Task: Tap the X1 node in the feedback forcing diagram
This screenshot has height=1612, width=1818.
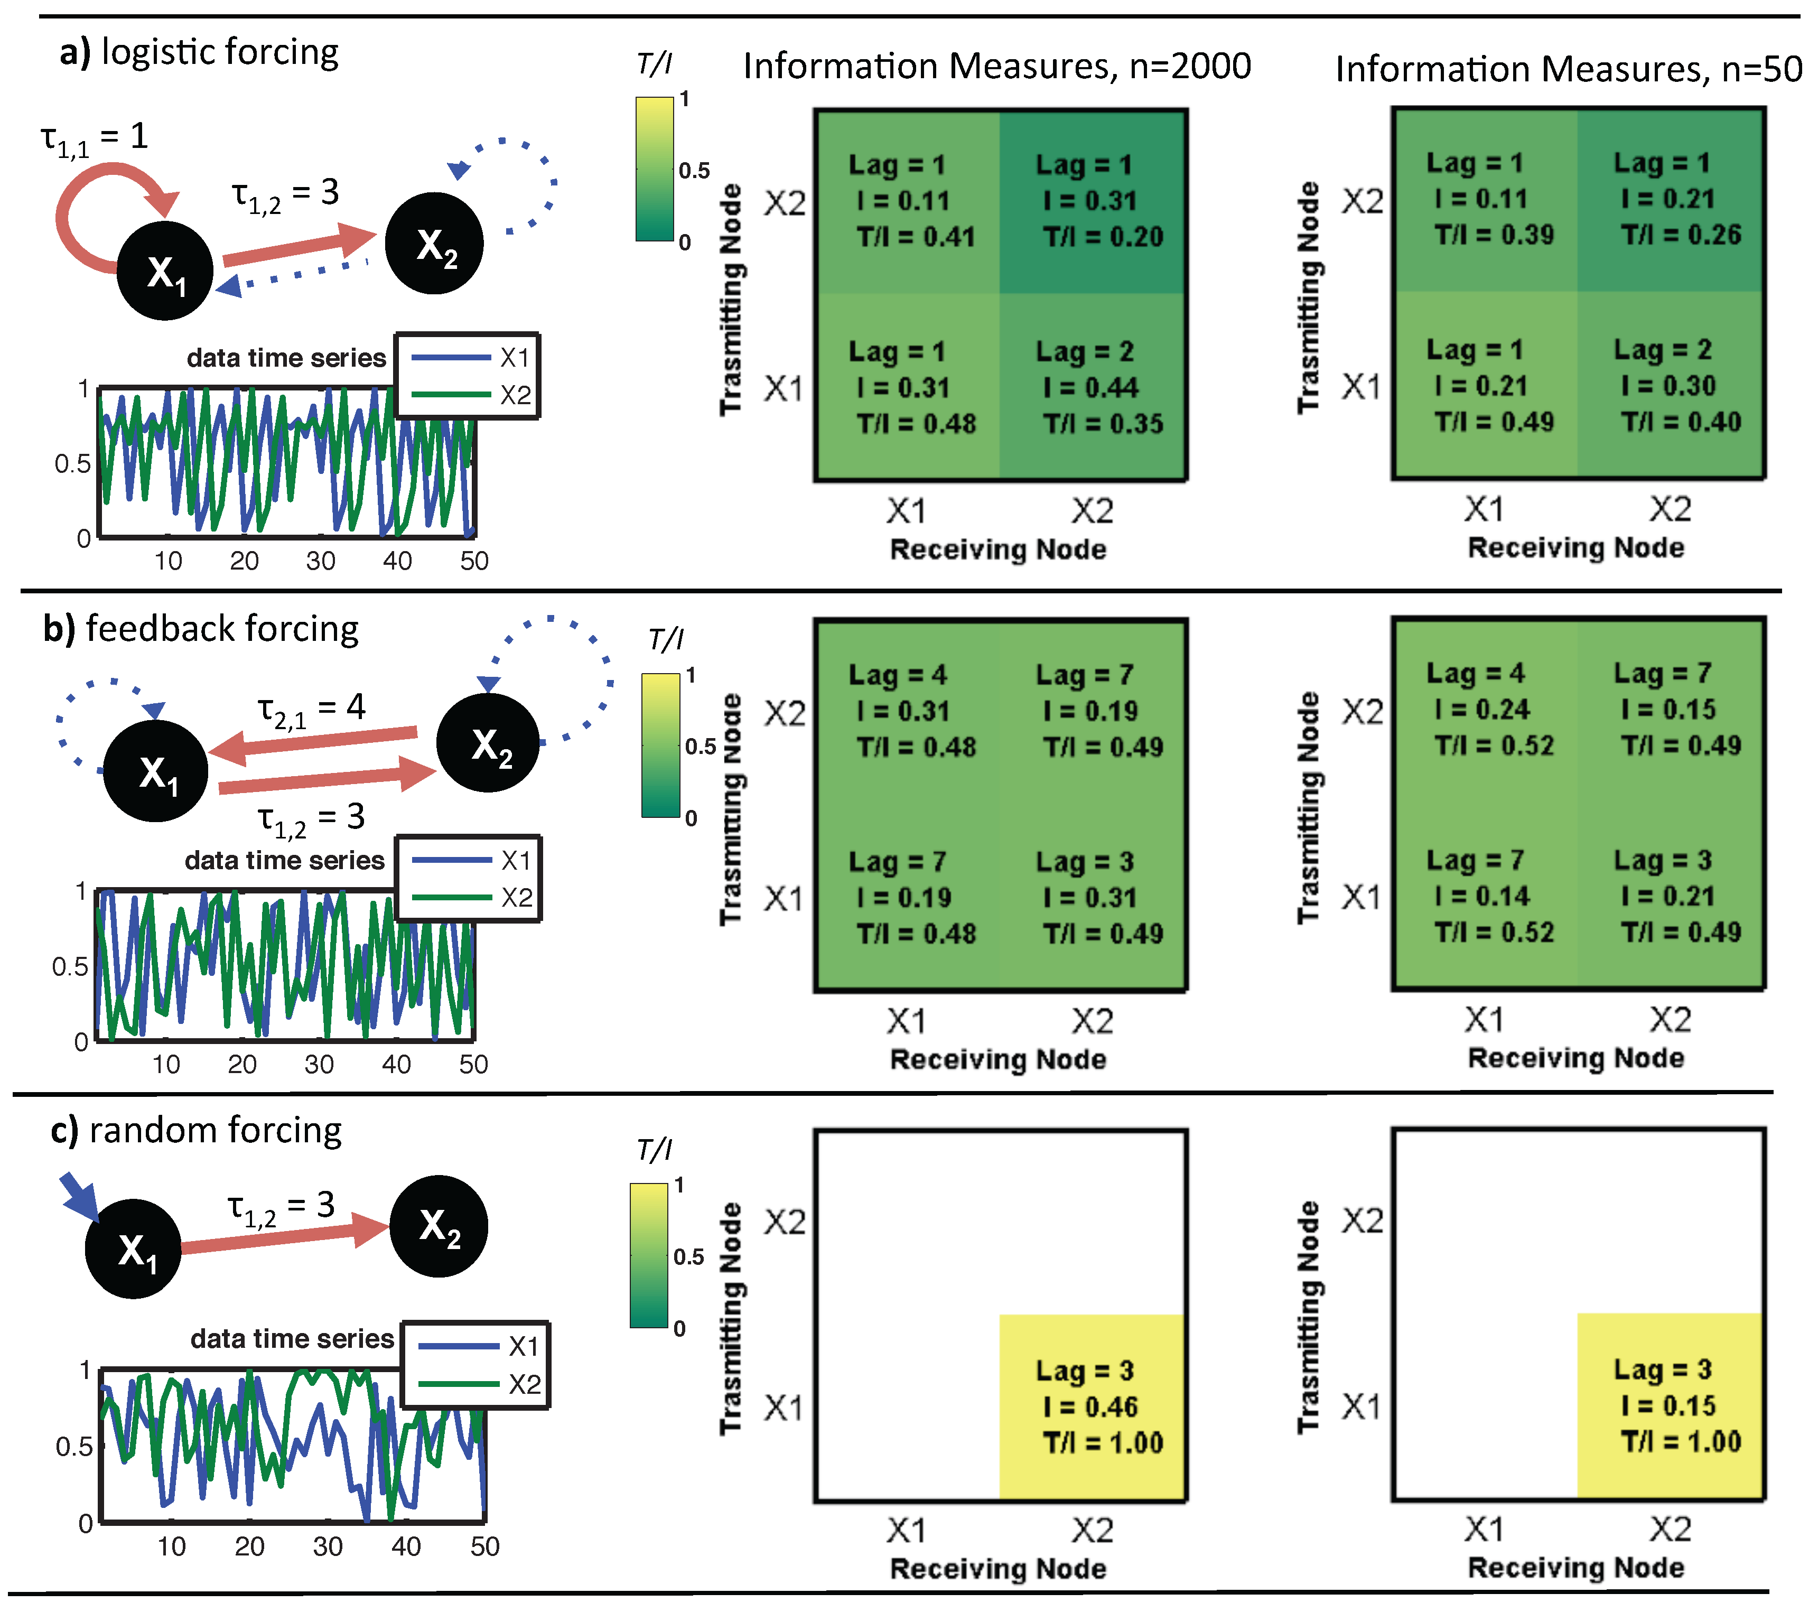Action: pyautogui.click(x=156, y=770)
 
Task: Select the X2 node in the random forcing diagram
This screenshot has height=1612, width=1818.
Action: pyautogui.click(x=439, y=1226)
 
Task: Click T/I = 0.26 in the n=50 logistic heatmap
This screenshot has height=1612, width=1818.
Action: pyautogui.click(x=1680, y=235)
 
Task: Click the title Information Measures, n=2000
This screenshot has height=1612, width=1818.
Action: pyautogui.click(x=997, y=66)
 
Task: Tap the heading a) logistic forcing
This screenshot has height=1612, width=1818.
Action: pyautogui.click(x=199, y=52)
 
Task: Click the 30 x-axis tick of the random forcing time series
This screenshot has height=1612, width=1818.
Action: pyautogui.click(x=328, y=1546)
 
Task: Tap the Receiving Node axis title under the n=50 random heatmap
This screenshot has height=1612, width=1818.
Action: pyautogui.click(x=1575, y=1568)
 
